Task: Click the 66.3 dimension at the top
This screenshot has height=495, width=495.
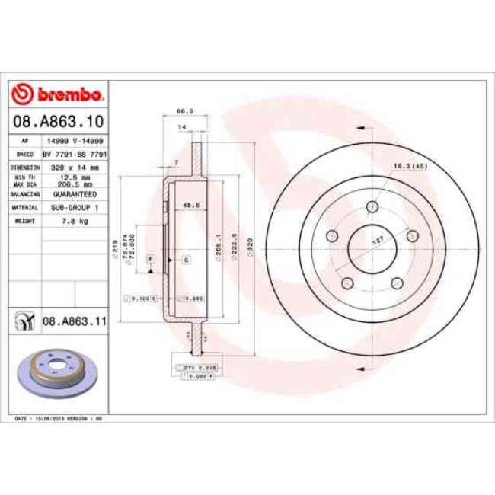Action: (x=182, y=110)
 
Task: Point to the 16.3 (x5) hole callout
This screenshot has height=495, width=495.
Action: (x=408, y=165)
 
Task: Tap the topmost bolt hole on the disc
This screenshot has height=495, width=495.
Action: (x=372, y=207)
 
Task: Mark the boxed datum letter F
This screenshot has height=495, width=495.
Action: (x=151, y=260)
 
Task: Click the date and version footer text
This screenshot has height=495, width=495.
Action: (x=59, y=419)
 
